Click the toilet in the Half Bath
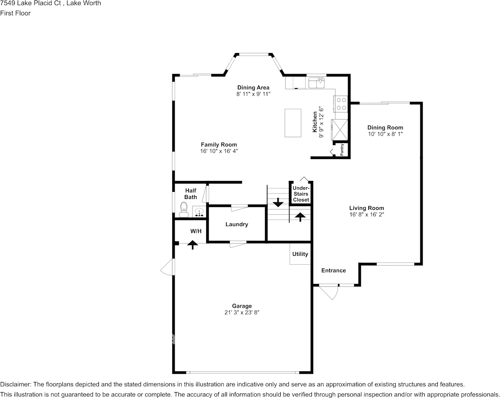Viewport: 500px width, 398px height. [x=184, y=209]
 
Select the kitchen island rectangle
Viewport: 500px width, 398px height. [x=293, y=122]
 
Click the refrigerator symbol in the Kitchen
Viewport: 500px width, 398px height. [x=340, y=130]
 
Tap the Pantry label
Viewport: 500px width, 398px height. [x=342, y=150]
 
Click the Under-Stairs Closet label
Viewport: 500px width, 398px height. [x=301, y=194]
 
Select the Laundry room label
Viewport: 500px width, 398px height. [x=237, y=224]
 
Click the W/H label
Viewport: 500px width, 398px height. [x=196, y=231]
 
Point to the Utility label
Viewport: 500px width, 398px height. [x=300, y=254]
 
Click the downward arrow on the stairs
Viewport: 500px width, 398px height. [x=278, y=203]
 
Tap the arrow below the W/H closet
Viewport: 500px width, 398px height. [x=193, y=244]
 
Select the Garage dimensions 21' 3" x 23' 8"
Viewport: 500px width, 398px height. [x=242, y=313]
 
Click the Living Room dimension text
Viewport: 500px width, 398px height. [x=367, y=214]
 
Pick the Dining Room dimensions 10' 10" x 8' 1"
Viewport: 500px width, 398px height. [x=385, y=134]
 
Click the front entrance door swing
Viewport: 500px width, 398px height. [x=331, y=293]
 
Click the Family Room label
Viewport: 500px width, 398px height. [x=218, y=144]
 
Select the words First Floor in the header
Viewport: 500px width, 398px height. [x=15, y=13]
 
